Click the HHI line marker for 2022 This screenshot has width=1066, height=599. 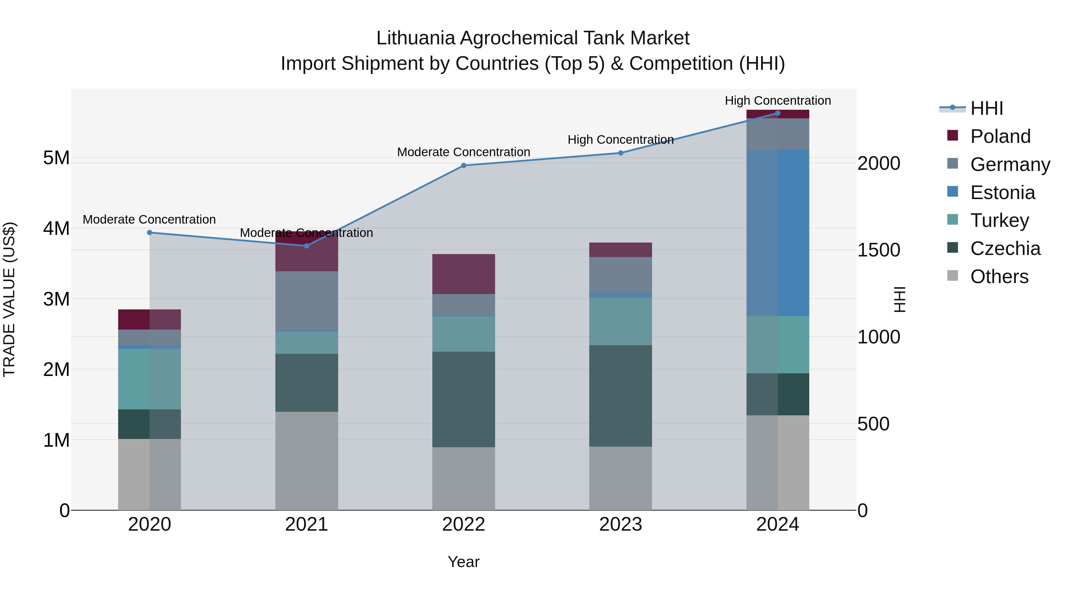[463, 165]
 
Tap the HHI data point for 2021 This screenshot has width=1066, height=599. [307, 246]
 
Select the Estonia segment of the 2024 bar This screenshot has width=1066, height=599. [778, 233]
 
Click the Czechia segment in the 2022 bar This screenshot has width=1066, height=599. [463, 399]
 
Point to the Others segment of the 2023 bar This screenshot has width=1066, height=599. [620, 478]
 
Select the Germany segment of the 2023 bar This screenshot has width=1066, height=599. [620, 275]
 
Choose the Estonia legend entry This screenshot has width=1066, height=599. [1002, 193]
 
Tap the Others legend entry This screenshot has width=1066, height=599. [999, 277]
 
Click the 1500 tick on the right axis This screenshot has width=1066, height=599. [878, 250]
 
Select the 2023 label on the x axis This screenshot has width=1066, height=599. [620, 524]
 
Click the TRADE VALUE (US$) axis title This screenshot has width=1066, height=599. [9, 299]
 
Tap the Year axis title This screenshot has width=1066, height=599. [463, 562]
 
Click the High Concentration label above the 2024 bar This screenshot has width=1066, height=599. [778, 101]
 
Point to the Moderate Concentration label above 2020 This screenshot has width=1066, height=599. [150, 219]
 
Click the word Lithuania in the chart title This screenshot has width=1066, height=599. [415, 38]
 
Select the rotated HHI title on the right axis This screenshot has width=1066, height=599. [899, 299]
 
